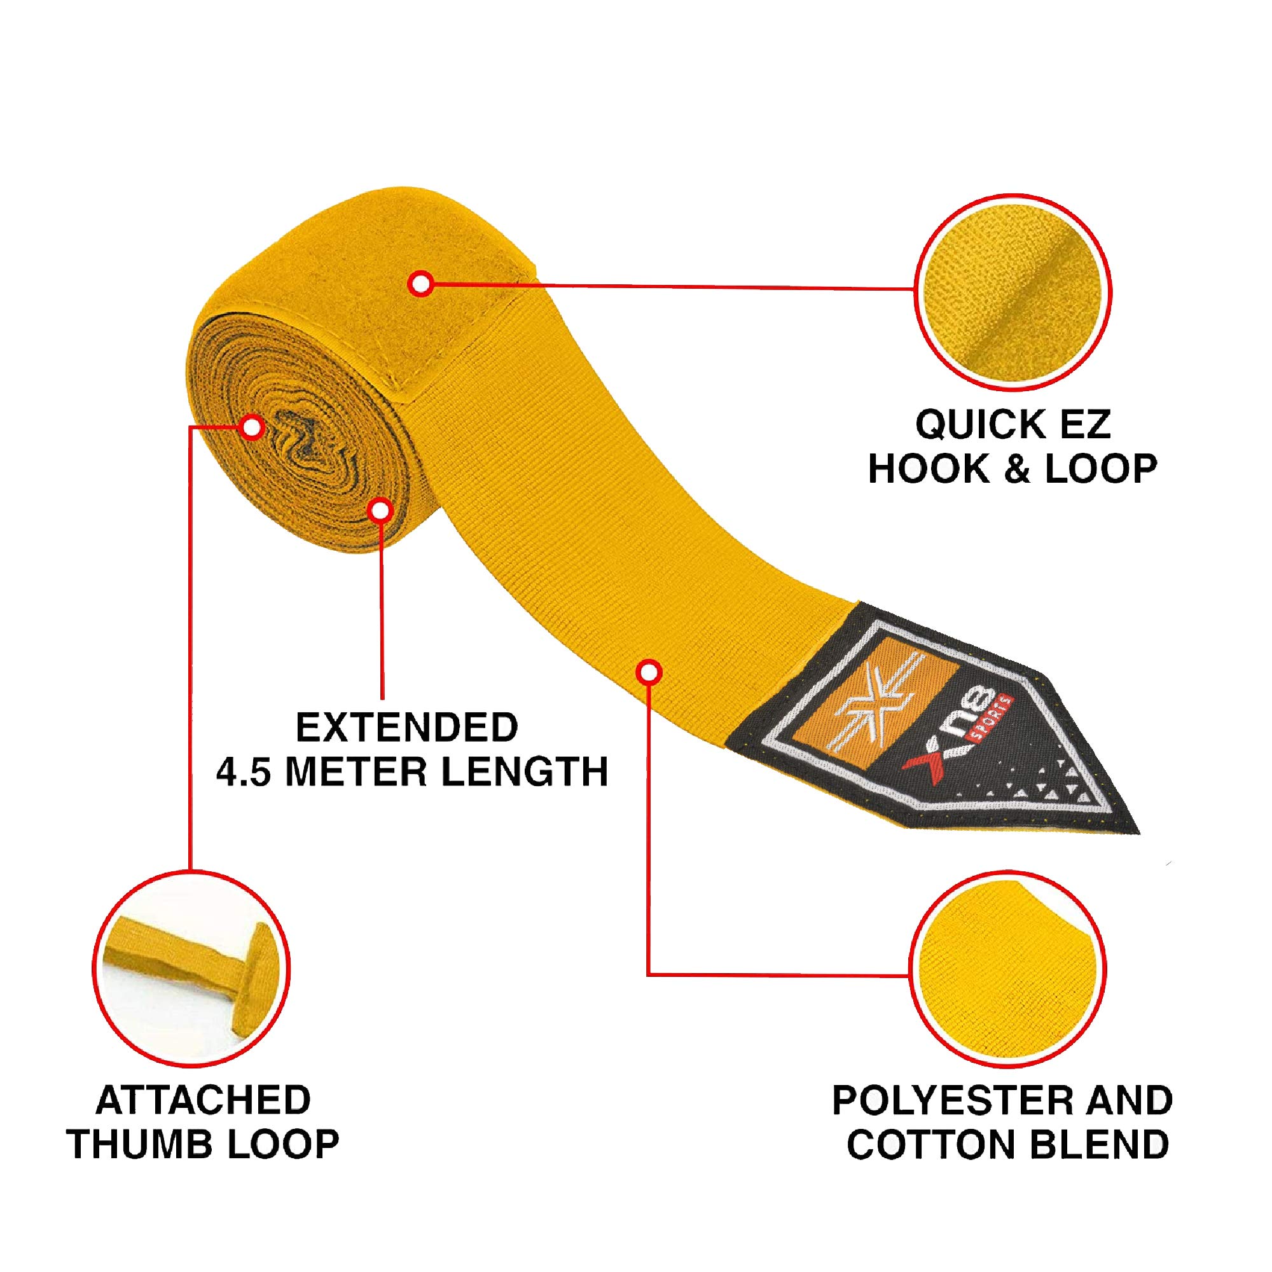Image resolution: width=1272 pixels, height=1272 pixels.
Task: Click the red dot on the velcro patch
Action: point(420,284)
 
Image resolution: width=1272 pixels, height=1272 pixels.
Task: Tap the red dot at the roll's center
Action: point(251,427)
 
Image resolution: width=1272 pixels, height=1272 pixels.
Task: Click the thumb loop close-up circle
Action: point(191,970)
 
